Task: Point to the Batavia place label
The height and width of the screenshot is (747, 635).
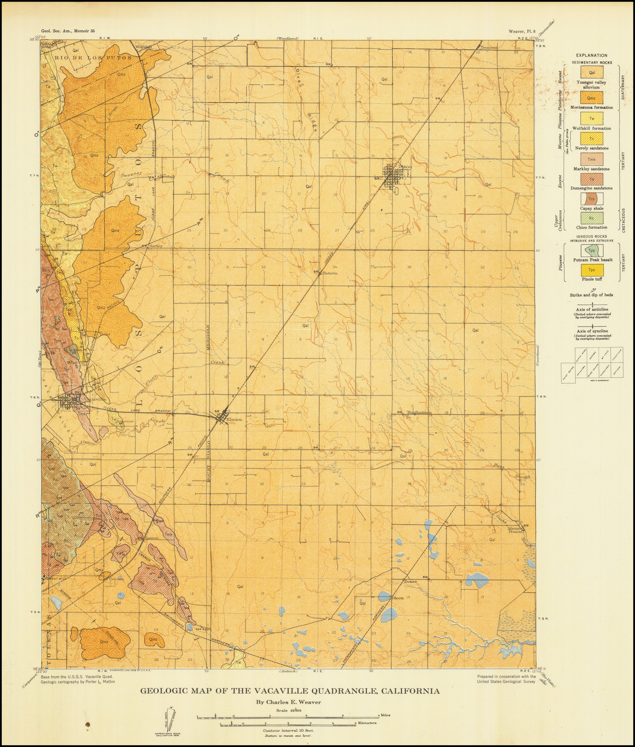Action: [x=329, y=273]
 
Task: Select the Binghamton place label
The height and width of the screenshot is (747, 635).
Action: [x=419, y=413]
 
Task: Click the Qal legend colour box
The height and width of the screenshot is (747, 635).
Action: [x=592, y=72]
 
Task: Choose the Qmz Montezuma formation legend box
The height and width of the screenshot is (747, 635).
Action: [x=592, y=98]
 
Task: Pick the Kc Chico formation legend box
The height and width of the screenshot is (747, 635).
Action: [x=592, y=218]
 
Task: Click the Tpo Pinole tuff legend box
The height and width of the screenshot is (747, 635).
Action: [x=592, y=270]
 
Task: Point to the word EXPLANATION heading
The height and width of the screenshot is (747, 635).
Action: [x=591, y=55]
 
